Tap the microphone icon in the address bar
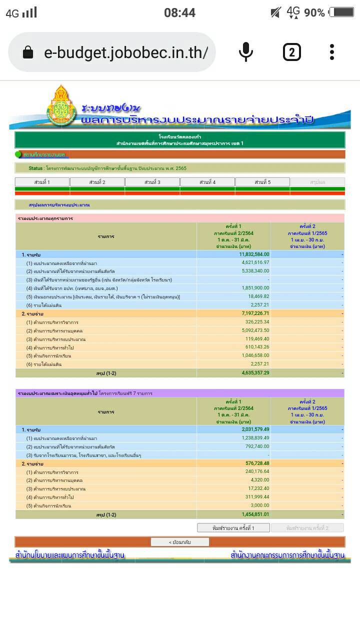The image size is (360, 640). [245, 52]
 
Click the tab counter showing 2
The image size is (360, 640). [291, 52]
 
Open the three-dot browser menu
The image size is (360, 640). [331, 52]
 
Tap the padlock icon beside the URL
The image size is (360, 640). [28, 52]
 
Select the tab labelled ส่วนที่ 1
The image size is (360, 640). [42, 182]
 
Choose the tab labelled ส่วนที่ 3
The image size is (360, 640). [152, 182]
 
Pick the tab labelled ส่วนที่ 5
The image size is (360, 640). [262, 182]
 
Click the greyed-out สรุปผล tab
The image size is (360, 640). [317, 182]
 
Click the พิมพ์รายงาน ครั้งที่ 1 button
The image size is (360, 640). [233, 528]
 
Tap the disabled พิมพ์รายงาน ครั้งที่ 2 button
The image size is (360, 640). [307, 528]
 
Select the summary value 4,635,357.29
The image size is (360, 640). [255, 372]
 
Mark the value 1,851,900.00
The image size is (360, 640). [255, 288]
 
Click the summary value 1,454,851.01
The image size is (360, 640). [255, 514]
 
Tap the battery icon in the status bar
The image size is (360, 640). [341, 12]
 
